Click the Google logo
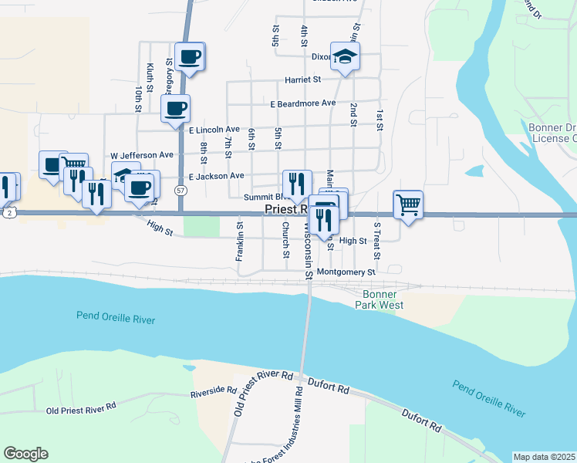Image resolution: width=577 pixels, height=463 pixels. [x=25, y=454]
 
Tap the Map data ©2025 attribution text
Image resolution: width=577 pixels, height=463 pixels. [x=545, y=457]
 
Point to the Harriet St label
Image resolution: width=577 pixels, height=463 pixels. [x=302, y=79]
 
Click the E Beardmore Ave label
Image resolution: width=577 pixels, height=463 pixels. [x=302, y=103]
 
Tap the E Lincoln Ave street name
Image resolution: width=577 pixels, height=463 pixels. [x=214, y=130]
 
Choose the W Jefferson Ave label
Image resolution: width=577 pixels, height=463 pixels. [x=142, y=155]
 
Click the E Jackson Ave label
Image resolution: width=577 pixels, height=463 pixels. [x=216, y=176]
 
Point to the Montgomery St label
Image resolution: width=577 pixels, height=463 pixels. [x=345, y=272]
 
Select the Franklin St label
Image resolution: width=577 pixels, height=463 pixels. [x=240, y=242]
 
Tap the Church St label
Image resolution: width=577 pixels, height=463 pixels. [x=285, y=240]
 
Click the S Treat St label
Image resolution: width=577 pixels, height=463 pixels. [x=377, y=241]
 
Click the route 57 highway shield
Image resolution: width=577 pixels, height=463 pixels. [x=180, y=190]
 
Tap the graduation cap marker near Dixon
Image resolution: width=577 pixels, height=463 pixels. [x=345, y=56]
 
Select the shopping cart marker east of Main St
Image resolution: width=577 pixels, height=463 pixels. [x=408, y=204]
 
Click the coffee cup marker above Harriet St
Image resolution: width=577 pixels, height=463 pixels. [x=190, y=56]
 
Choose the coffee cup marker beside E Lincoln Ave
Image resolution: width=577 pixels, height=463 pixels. [x=175, y=108]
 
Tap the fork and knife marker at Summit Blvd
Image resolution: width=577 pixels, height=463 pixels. [x=297, y=184]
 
